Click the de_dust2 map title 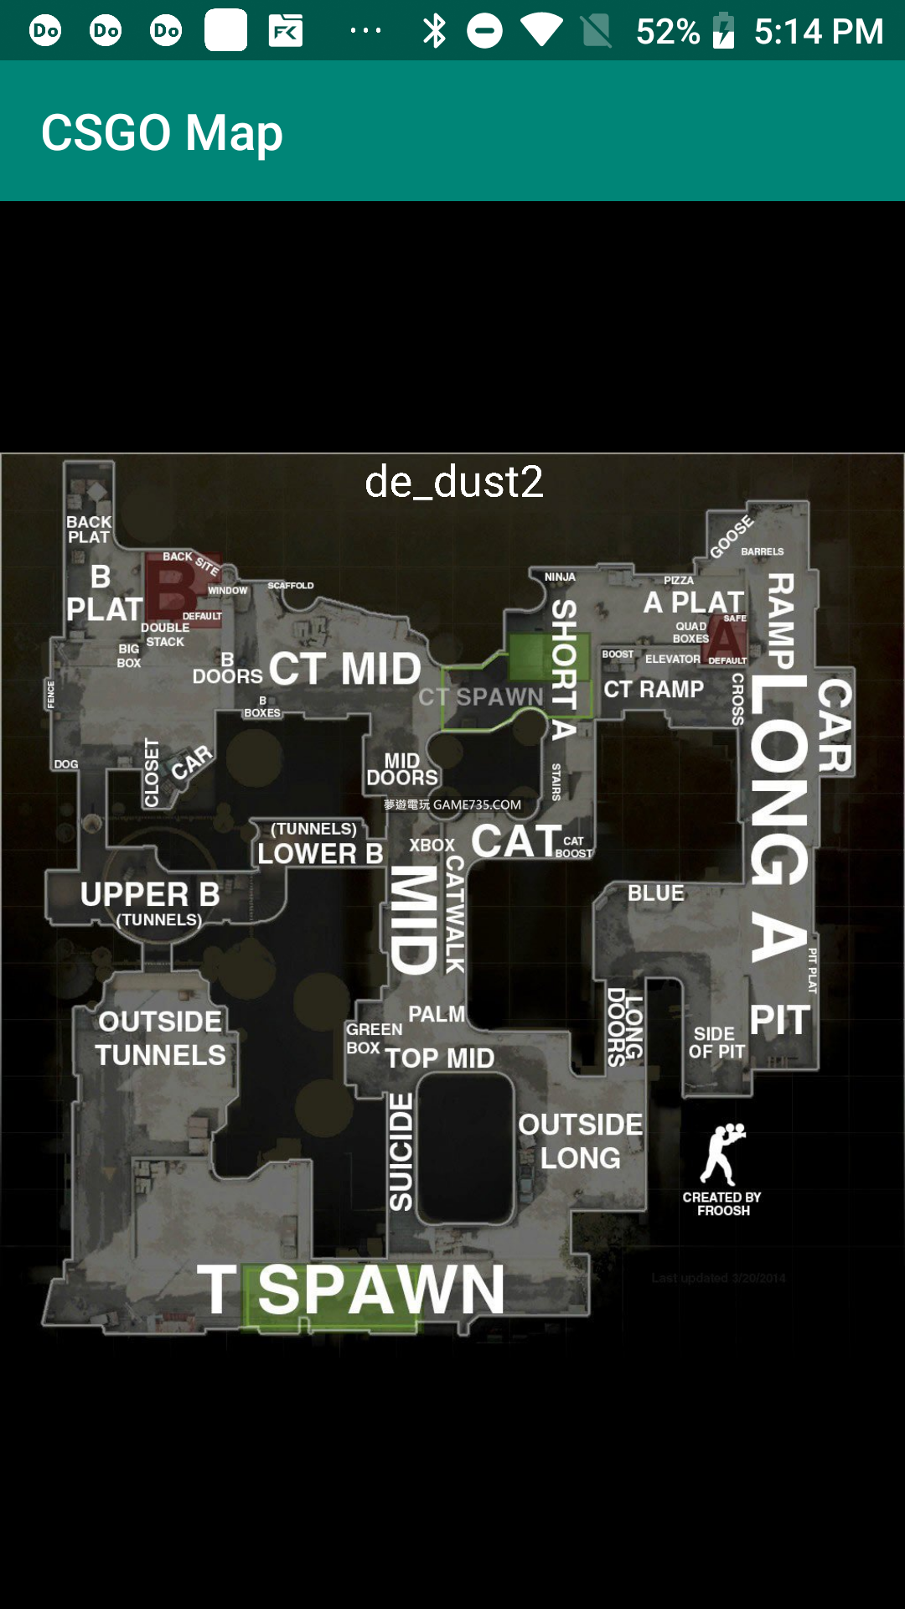coord(454,482)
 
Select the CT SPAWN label coord(481,696)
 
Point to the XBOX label coord(432,845)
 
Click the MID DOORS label coord(402,768)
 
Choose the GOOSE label coord(732,537)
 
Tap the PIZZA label coord(679,580)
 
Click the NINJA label coord(560,577)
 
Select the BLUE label coord(656,893)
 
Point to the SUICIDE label coord(401,1151)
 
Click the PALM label coord(437,1014)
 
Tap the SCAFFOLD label coord(291,585)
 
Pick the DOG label coord(66,764)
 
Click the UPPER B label coord(150,895)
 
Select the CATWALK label coord(454,913)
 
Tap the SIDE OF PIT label coord(716,1042)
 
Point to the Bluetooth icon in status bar coord(434,31)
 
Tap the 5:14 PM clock coord(819,31)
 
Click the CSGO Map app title coord(162,132)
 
